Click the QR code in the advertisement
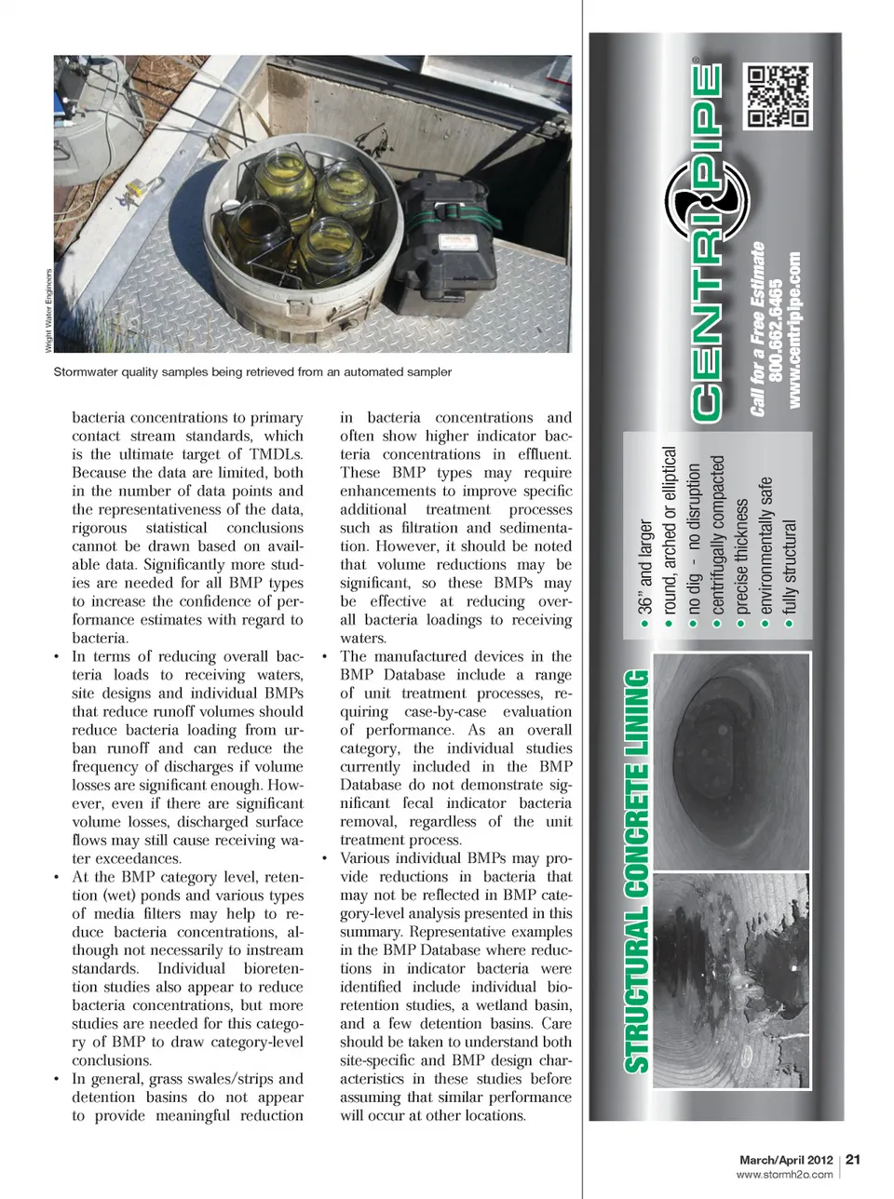click(778, 97)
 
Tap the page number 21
click(853, 1159)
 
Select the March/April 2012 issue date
click(785, 1160)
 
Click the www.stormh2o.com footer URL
click(784, 1175)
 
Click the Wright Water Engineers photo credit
click(48, 311)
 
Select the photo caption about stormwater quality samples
click(252, 371)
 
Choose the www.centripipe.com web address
click(793, 330)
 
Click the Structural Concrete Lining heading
click(637, 870)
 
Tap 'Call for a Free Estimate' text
click(757, 329)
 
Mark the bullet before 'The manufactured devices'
click(325, 656)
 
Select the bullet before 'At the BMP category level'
click(57, 877)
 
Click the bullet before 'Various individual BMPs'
click(325, 858)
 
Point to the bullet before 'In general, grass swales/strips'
click(57, 1079)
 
